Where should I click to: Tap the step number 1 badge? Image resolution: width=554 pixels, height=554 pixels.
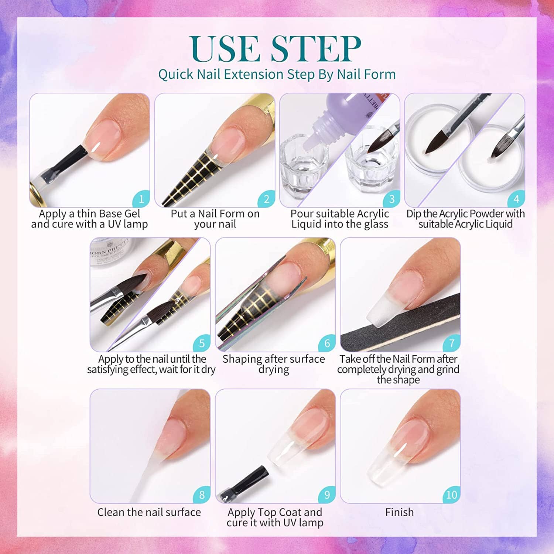pos(141,199)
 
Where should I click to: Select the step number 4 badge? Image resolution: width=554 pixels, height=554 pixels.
pos(516,199)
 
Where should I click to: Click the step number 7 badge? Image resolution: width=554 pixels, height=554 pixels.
pos(452,343)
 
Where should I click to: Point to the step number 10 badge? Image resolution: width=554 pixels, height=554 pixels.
pos(452,495)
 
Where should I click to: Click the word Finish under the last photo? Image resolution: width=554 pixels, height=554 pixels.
pos(399,512)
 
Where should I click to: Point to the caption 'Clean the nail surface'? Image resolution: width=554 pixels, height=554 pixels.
pos(149,512)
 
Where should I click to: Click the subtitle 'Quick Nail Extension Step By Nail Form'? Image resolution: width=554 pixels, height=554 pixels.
pos(277,74)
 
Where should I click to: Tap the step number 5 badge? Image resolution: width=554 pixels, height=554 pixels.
pos(202,343)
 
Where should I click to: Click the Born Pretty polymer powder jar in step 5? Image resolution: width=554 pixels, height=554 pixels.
pos(109,255)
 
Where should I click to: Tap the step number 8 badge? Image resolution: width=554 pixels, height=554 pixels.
pos(202,495)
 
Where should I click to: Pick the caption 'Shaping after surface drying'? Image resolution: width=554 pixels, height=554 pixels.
pos(274,364)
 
